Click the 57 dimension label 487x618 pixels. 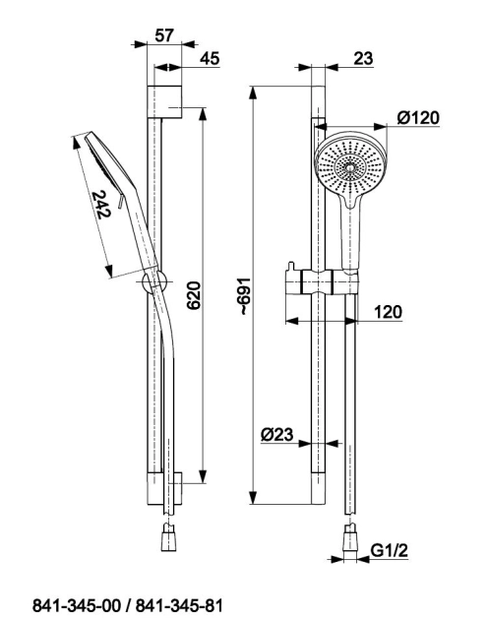163,35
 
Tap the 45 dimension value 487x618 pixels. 210,58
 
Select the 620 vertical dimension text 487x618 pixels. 194,295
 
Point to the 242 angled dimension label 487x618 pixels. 101,204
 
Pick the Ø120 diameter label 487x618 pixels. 418,117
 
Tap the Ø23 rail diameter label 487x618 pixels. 277,434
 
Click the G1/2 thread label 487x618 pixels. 390,550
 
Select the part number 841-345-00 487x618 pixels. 78,605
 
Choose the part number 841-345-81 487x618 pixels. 179,605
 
